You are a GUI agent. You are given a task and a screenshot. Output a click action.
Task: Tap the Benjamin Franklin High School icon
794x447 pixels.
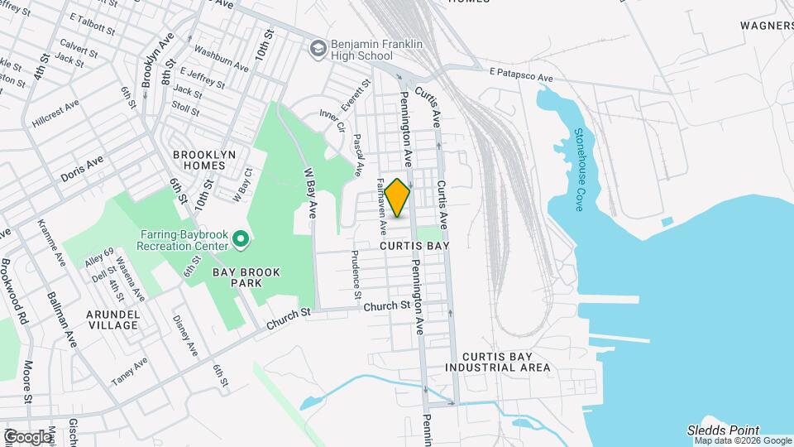click(318, 50)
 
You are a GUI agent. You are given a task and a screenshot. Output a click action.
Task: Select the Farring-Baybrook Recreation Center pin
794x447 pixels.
click(241, 241)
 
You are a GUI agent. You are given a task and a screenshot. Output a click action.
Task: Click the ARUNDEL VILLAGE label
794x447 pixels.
click(113, 320)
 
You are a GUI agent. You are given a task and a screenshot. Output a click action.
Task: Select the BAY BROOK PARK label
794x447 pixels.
click(246, 277)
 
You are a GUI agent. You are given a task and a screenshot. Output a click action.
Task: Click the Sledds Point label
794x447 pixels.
click(722, 430)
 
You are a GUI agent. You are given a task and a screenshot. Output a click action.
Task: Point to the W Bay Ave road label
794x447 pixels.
click(310, 193)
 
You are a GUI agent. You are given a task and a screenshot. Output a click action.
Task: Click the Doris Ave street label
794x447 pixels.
click(82, 170)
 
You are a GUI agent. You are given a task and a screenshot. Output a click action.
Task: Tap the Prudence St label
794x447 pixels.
click(356, 276)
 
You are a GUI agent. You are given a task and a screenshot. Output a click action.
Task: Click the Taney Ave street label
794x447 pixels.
click(130, 371)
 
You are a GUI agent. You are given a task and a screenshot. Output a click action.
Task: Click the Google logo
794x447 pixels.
click(28, 435)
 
